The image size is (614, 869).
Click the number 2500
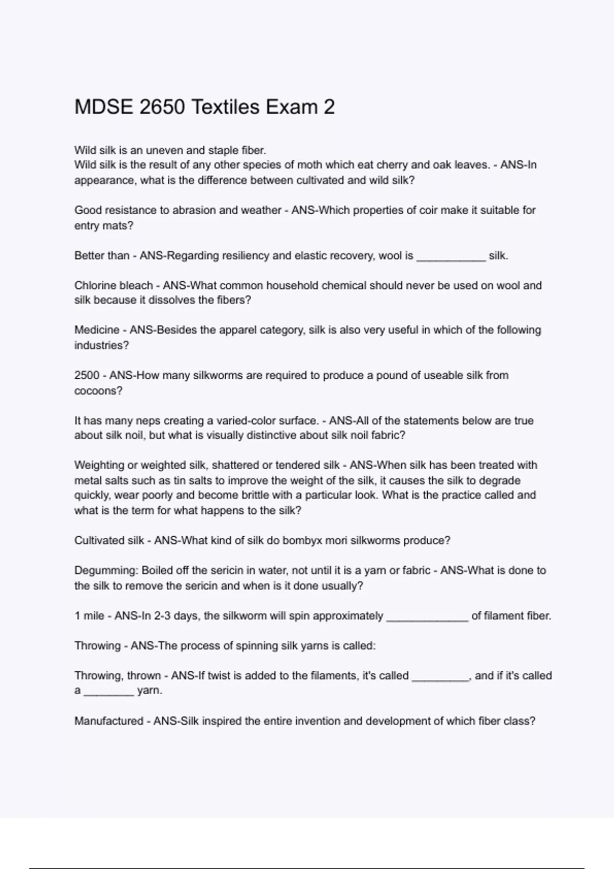[87, 375]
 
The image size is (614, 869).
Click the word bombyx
[302, 541]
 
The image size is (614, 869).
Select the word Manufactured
[108, 721]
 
